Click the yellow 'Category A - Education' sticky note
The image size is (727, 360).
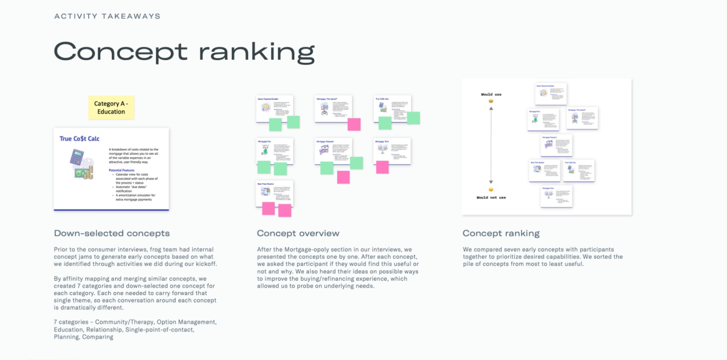[x=111, y=108]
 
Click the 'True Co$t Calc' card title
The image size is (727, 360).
[x=79, y=139]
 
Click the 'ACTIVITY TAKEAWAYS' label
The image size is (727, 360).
[x=107, y=16]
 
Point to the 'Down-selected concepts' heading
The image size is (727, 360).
[x=112, y=233]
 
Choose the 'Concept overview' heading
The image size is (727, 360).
[x=298, y=233]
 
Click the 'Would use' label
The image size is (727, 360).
[x=491, y=94]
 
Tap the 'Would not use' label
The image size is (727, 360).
[x=491, y=197]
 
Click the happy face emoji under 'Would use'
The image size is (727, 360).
[x=491, y=101]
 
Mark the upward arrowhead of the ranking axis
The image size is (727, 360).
[x=491, y=108]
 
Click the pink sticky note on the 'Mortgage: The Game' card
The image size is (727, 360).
[x=354, y=125]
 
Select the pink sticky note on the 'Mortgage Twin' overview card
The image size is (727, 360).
[x=382, y=167]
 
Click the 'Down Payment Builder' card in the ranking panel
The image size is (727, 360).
[x=551, y=93]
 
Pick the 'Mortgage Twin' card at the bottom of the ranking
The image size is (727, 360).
[x=556, y=196]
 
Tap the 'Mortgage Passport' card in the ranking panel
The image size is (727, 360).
[x=556, y=145]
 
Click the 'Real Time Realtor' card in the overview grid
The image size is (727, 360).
[x=274, y=193]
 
